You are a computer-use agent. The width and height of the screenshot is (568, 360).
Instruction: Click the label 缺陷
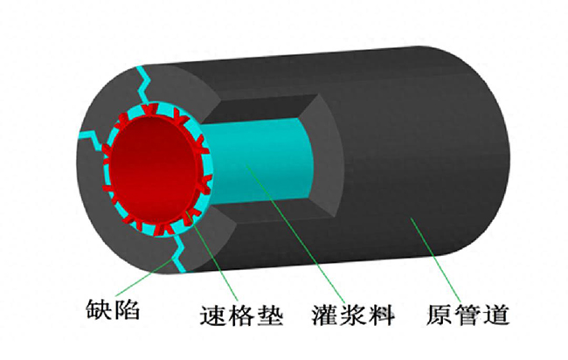coord(113,310)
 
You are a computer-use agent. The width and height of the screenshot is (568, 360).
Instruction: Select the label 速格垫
coord(241,315)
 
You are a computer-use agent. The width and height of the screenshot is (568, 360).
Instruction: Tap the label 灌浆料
coord(353,315)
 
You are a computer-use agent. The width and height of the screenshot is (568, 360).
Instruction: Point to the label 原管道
coord(468,315)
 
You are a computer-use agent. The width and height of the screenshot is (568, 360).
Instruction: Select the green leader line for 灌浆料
coord(295,231)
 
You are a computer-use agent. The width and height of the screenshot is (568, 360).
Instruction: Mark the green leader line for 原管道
coord(436,260)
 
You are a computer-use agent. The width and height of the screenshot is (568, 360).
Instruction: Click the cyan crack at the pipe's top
coord(146,85)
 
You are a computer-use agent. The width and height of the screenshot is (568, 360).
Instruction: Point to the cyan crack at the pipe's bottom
coord(179,254)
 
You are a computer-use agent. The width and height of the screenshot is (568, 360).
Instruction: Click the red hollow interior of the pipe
coord(152,170)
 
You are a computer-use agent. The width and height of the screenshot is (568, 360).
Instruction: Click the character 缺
coord(99,310)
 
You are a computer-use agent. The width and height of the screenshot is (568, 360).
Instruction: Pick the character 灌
coord(324,315)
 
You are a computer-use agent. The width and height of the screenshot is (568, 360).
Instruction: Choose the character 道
coord(496,315)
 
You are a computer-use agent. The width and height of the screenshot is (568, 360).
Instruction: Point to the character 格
coord(241,315)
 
